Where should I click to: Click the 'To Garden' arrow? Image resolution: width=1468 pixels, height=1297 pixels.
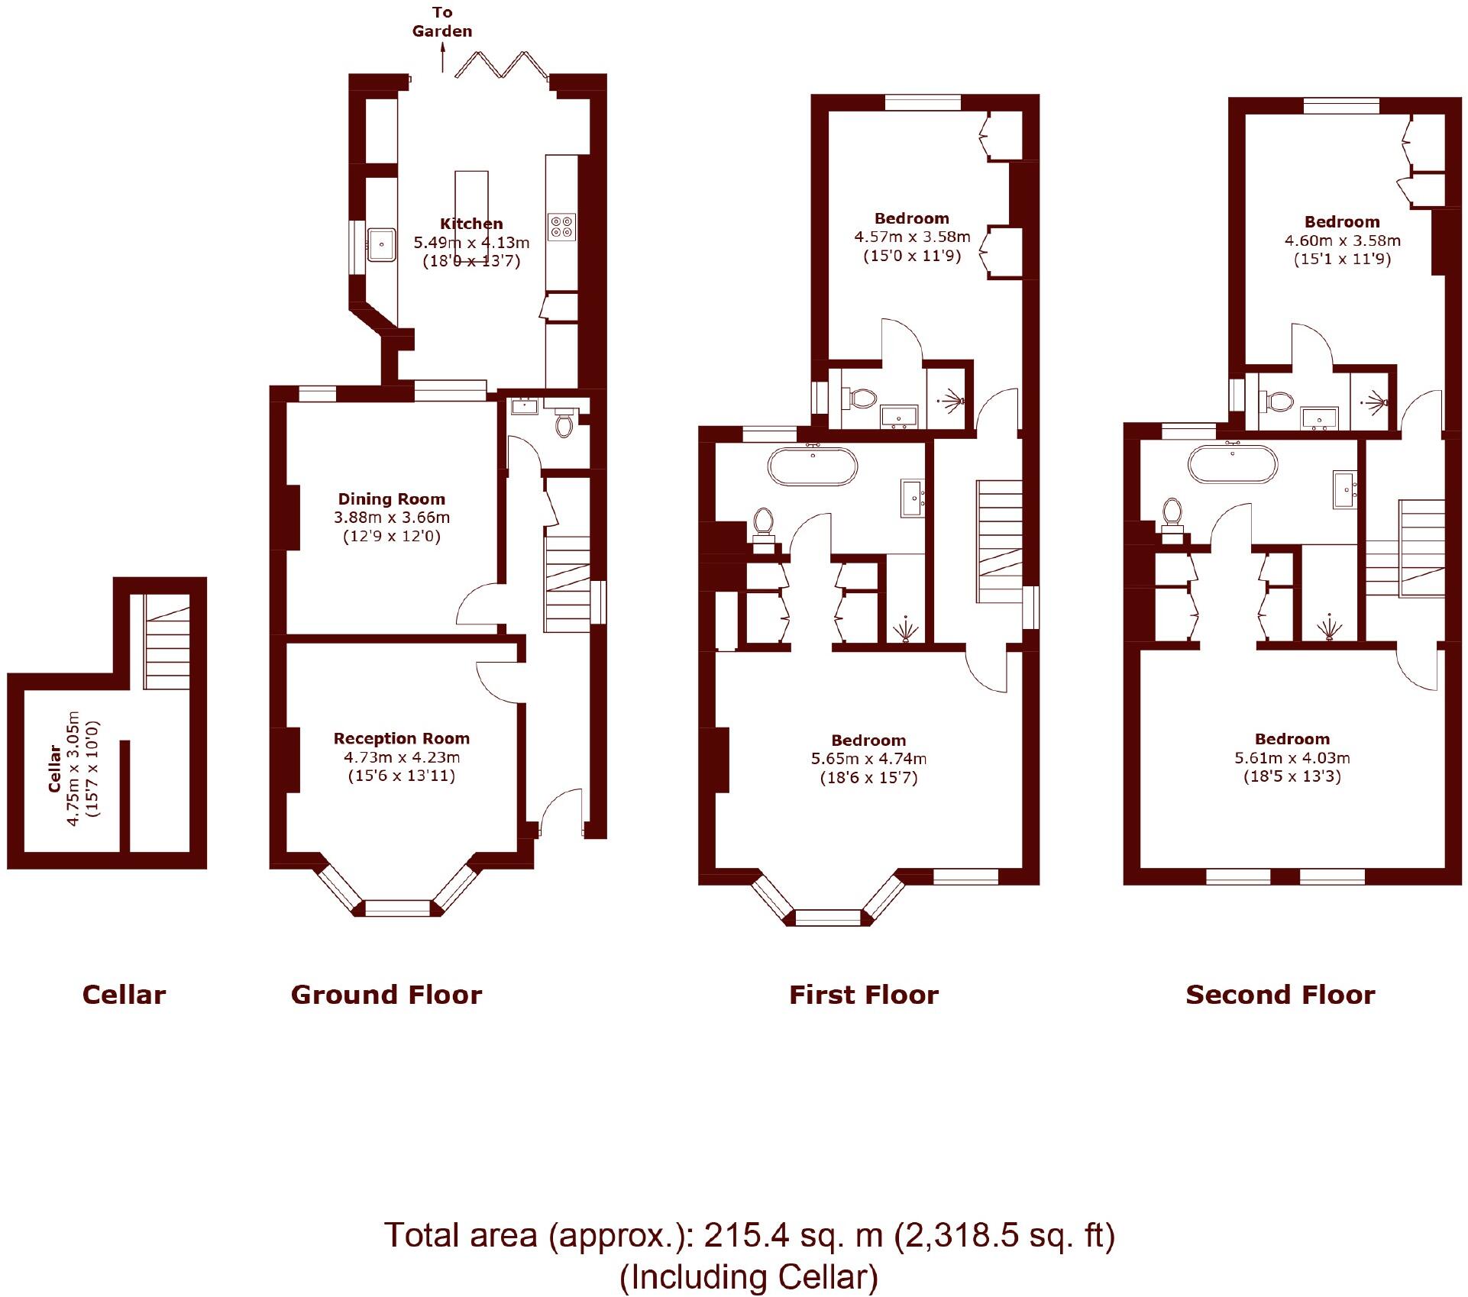pos(442,57)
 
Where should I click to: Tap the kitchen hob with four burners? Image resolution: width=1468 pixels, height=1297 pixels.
pos(561,227)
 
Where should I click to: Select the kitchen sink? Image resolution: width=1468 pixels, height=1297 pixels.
pos(380,244)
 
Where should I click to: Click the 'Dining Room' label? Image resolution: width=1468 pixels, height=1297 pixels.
pos(391,499)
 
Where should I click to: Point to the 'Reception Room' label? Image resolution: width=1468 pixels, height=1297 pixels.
pos(401,738)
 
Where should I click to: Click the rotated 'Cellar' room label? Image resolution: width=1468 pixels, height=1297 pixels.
pos(55,769)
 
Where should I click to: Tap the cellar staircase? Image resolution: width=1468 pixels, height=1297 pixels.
pos(167,643)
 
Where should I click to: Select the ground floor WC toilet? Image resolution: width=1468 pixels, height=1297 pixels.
pos(564,424)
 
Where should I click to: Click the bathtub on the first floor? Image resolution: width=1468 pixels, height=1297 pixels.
pos(812,466)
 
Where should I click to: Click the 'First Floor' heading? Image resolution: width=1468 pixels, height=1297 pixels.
pos(863,995)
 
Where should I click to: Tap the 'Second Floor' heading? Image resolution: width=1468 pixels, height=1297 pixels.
pos(1280,995)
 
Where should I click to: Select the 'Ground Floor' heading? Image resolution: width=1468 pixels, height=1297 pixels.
pos(386,995)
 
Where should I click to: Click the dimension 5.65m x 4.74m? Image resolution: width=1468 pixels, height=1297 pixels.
pos(868,759)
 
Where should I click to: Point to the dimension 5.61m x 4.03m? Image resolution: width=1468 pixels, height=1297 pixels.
pos(1292,758)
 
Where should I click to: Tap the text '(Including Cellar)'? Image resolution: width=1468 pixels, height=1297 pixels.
pos(749,1277)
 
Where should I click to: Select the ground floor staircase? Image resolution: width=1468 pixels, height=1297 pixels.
pos(567,583)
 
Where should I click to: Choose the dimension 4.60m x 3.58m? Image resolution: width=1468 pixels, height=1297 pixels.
pos(1342,240)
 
